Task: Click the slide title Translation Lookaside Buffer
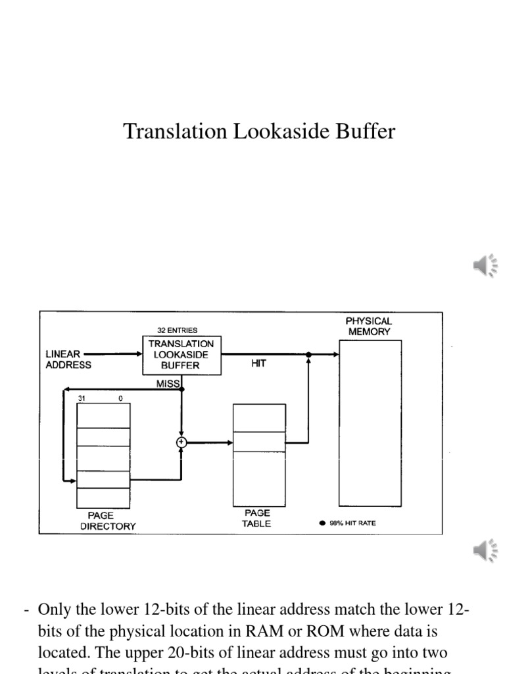click(259, 131)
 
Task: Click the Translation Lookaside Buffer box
click(181, 355)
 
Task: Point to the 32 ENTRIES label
click(177, 330)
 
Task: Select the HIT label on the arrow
click(258, 363)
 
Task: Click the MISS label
click(168, 382)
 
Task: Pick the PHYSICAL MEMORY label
click(369, 326)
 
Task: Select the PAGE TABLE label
click(257, 518)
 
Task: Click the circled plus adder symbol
click(181, 442)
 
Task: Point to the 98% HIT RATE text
click(352, 524)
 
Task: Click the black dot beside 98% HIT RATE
click(322, 524)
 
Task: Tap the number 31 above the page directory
click(82, 398)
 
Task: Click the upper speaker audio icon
click(485, 265)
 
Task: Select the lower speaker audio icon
click(485, 550)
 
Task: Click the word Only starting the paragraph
click(56, 609)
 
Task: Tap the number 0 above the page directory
click(120, 398)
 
